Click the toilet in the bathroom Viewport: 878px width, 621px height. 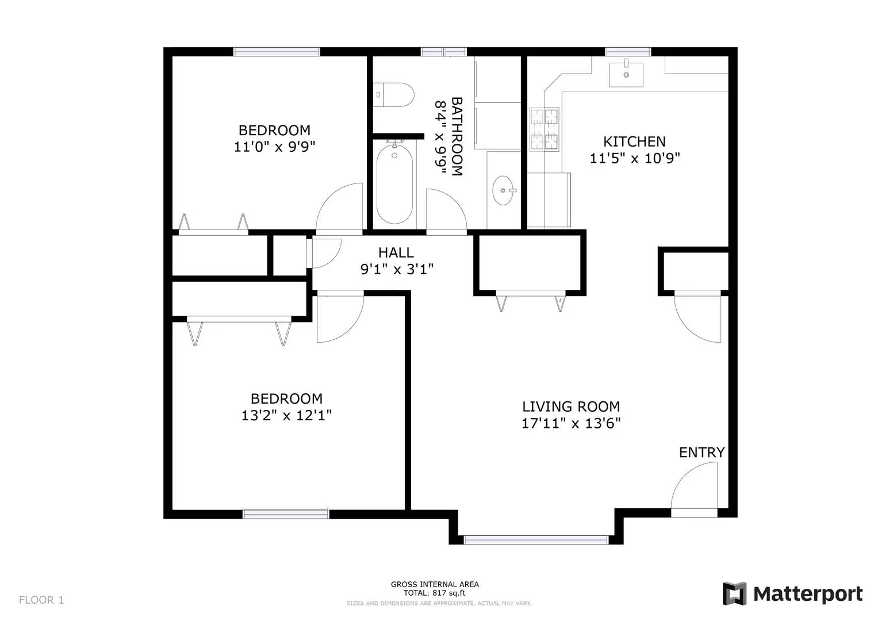point(394,95)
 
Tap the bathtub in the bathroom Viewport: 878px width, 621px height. point(394,184)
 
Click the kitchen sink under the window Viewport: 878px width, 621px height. point(626,74)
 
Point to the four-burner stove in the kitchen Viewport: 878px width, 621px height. point(544,129)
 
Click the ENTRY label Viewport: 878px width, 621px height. point(701,453)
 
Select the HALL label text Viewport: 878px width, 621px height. point(396,252)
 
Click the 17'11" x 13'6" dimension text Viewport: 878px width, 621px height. point(571,424)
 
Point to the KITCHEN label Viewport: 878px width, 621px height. point(634,141)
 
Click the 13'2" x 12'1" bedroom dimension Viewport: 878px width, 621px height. point(286,415)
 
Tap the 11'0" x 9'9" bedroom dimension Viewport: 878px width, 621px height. point(274,147)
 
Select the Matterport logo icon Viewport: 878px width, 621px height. point(734,593)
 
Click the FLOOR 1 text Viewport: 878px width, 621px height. point(41,600)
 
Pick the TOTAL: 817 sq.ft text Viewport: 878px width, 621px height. point(434,593)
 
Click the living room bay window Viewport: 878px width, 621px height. point(536,539)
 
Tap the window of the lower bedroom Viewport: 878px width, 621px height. point(286,514)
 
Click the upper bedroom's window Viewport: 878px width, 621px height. point(277,52)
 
